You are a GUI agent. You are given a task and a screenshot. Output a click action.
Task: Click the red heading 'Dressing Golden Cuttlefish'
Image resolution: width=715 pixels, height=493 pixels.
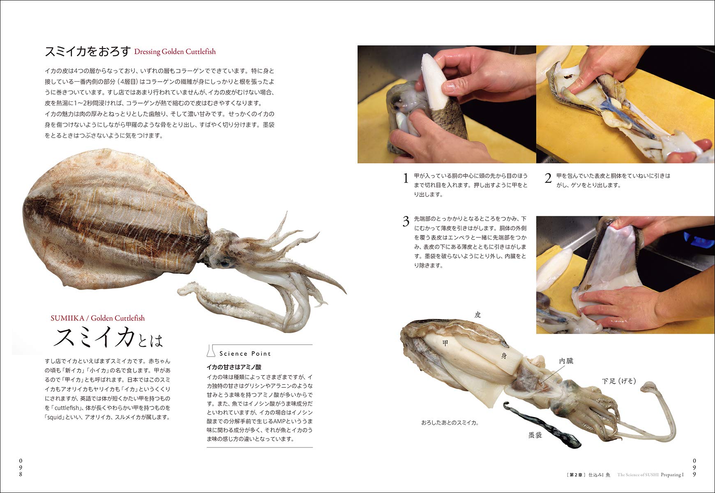[x=175, y=52]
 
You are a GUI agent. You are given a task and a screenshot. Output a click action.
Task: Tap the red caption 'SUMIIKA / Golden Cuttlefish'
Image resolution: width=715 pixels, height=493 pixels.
[x=98, y=318]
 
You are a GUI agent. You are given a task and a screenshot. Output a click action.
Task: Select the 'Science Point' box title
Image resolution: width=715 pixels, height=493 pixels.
[x=245, y=353]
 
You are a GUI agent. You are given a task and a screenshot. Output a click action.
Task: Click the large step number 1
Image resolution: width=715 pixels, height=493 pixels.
[x=406, y=178]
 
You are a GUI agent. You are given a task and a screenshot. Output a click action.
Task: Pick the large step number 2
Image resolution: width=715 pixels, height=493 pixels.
[x=548, y=178]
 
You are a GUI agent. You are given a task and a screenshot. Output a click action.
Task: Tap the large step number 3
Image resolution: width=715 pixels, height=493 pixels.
[x=406, y=221]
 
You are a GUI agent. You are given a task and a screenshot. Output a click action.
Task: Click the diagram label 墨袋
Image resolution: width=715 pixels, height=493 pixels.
[x=535, y=435]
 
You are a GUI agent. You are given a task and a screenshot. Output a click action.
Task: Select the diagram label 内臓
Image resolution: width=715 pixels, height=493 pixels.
[x=566, y=361]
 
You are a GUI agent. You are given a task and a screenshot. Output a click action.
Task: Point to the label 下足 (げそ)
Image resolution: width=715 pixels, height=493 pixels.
[x=619, y=381]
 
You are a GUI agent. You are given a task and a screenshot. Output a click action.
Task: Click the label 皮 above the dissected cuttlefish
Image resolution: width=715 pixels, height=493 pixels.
[x=477, y=315]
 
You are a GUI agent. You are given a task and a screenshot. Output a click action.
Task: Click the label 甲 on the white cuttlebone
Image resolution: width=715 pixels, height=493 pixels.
[x=445, y=343]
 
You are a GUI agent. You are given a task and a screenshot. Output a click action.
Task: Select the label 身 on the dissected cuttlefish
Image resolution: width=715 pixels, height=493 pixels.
[x=504, y=356]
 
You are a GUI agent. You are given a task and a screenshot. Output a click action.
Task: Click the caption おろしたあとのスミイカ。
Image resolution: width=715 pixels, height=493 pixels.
[x=450, y=422]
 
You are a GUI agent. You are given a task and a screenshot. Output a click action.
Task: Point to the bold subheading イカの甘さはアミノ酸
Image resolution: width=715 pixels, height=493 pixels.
[x=234, y=367]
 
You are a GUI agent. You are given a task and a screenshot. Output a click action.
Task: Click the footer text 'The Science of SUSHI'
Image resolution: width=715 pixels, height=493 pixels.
[x=638, y=475]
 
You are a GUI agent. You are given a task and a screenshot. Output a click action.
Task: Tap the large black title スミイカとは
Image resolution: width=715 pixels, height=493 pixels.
[x=108, y=338]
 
